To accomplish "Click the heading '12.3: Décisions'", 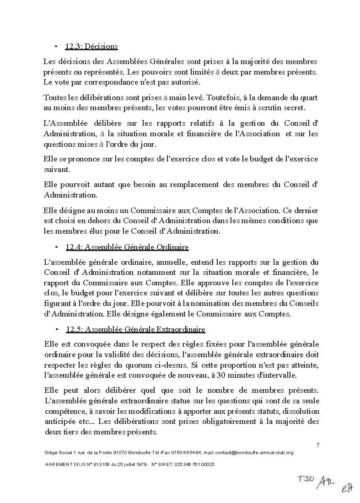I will [91, 46].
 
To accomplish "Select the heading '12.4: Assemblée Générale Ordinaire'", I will [127, 247].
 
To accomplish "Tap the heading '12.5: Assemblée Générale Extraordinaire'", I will [135, 329].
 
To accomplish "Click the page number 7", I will [317, 445].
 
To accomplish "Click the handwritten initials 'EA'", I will [346, 488].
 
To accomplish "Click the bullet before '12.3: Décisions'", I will [55, 46].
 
